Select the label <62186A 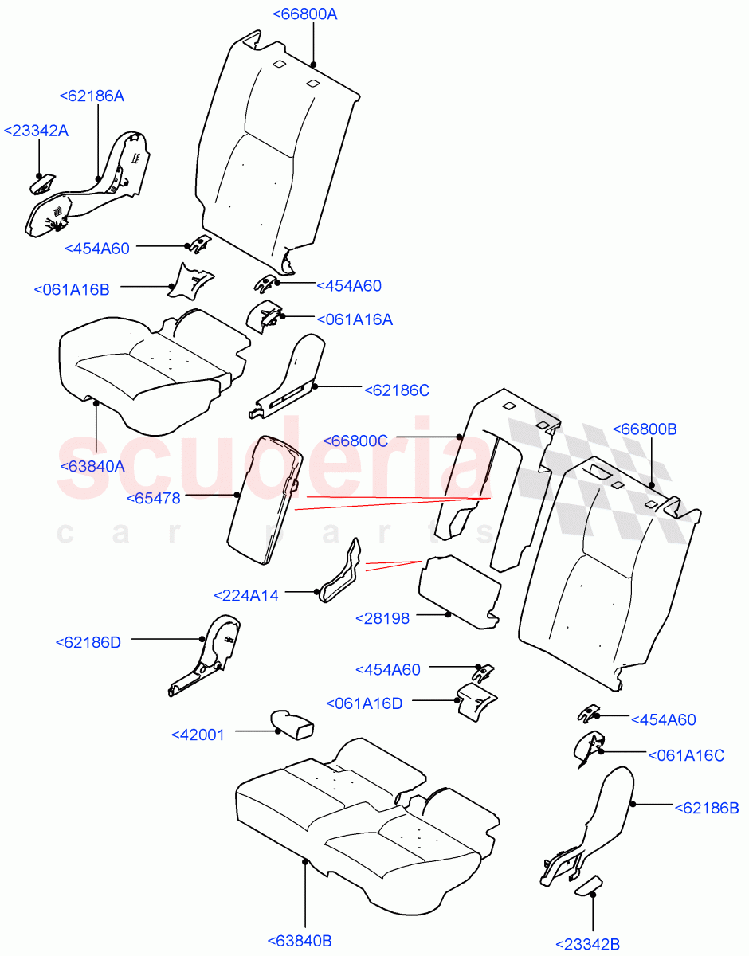(92, 96)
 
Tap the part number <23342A (36, 131)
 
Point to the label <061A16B (72, 289)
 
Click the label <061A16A (355, 319)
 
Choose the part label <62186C (397, 390)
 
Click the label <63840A (92, 467)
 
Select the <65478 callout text (153, 498)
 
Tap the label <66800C (355, 441)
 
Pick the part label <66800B (644, 429)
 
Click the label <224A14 (246, 595)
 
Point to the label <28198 (382, 618)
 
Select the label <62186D (88, 642)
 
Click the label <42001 (198, 735)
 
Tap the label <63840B (300, 941)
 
